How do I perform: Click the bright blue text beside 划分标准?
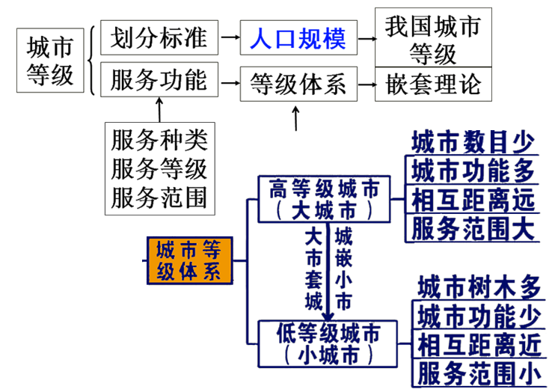(298, 37)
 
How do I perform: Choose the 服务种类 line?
(159, 140)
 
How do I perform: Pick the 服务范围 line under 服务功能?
(159, 197)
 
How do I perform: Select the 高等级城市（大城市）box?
(324, 199)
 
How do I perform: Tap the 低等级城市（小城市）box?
(325, 343)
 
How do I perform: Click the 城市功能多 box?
(473, 171)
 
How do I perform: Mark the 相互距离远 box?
(473, 200)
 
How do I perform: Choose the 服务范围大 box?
(473, 229)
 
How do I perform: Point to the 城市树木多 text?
(479, 286)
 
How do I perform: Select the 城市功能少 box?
(479, 314)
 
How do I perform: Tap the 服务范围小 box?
(479, 373)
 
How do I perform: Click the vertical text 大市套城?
(315, 270)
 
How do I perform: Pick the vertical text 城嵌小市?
(343, 270)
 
